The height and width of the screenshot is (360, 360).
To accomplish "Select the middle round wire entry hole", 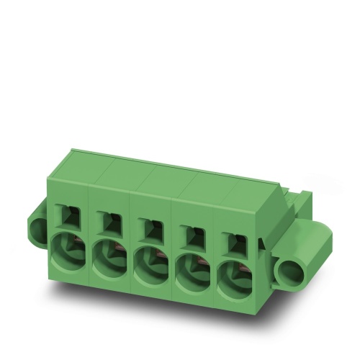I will click(151, 266).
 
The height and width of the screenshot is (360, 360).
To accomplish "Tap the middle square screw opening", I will click(152, 227).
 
